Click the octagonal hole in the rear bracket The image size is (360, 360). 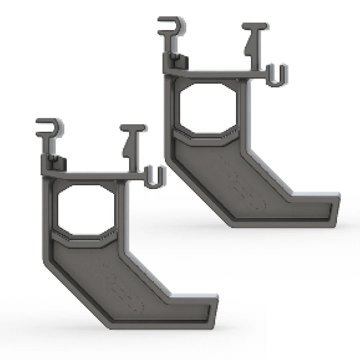pyautogui.click(x=208, y=108)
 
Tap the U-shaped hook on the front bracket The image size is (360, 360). pyautogui.click(x=155, y=177)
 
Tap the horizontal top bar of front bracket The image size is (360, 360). pyautogui.click(x=97, y=175)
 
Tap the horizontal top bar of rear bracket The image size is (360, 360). pyautogui.click(x=217, y=73)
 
